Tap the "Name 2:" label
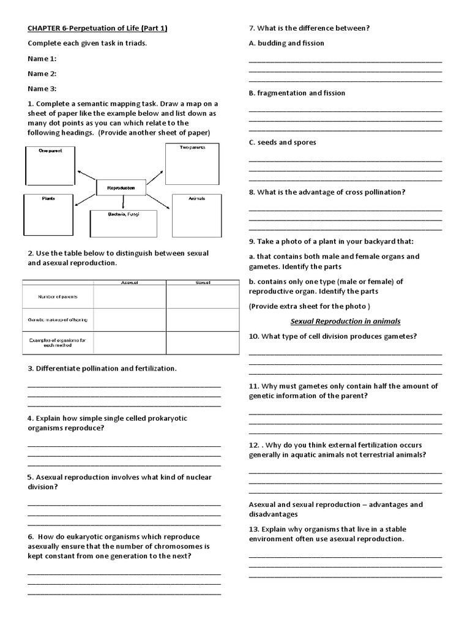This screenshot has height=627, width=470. tap(42, 73)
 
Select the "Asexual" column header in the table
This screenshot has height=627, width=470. tap(129, 283)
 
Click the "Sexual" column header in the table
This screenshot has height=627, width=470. tap(203, 283)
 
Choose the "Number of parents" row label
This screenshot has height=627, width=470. tap(58, 297)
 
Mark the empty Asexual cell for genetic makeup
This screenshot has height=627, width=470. tap(129, 320)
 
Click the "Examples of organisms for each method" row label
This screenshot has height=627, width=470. tap(58, 342)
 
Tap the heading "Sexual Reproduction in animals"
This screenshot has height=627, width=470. tap(345, 321)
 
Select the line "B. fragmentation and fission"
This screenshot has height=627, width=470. tap(297, 93)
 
